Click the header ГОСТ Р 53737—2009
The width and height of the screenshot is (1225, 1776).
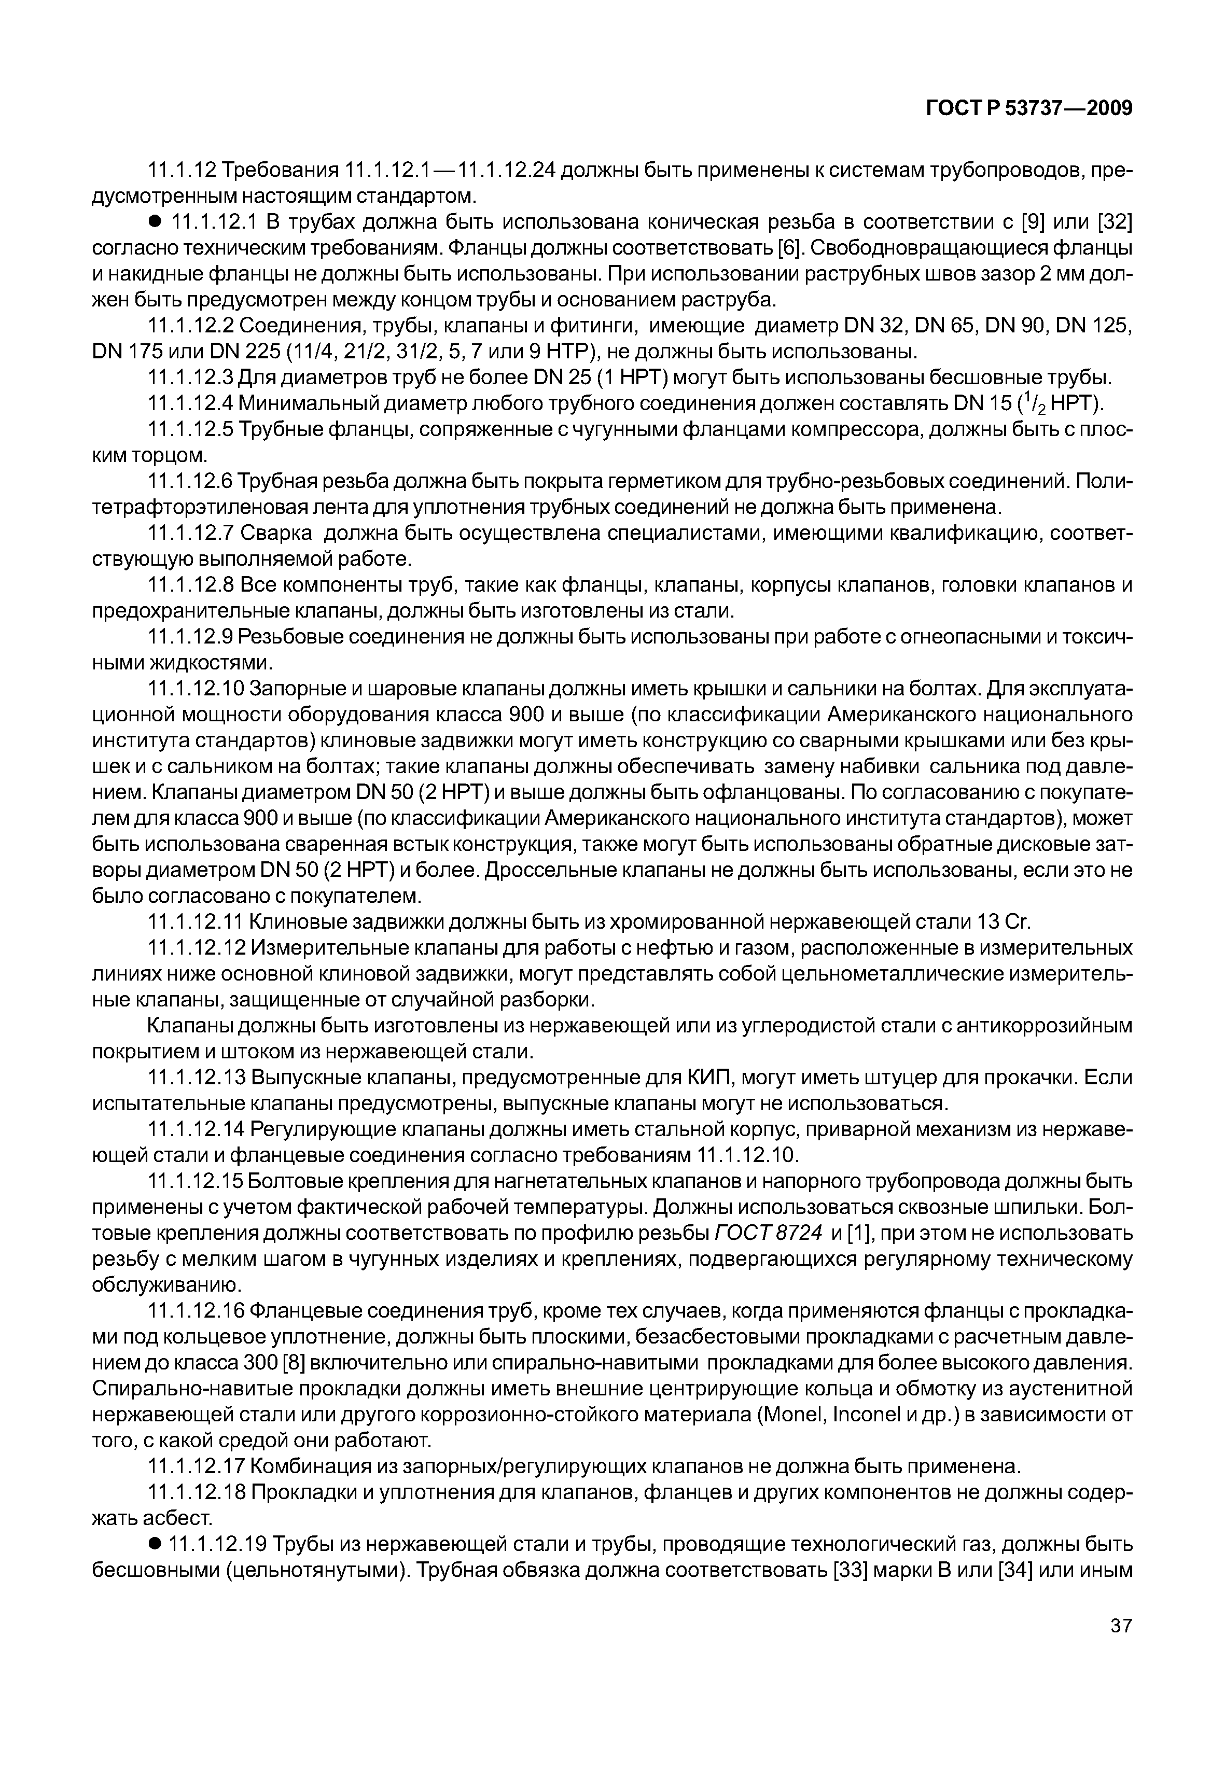pos(1028,109)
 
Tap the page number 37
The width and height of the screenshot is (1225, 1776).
pos(1121,1646)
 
